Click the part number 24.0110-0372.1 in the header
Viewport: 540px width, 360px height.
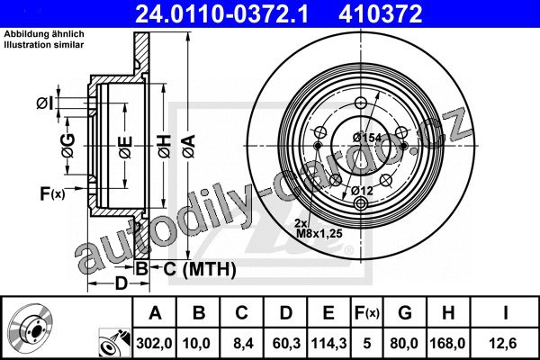click(221, 13)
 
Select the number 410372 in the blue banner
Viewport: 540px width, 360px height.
click(380, 13)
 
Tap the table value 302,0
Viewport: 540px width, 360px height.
click(154, 344)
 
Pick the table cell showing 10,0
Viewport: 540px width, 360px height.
click(196, 344)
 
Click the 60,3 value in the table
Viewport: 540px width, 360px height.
click(286, 344)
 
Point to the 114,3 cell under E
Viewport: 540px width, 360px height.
click(328, 344)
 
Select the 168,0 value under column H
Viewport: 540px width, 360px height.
click(447, 344)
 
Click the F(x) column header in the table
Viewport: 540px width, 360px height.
click(367, 313)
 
